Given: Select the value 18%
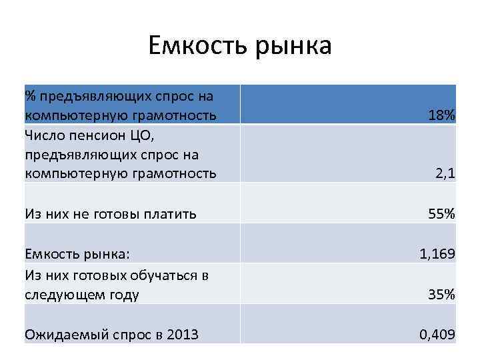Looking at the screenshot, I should pyautogui.click(x=441, y=115).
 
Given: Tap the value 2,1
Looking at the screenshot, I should pyautogui.click(x=445, y=174).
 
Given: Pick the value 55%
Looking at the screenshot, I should pyautogui.click(x=441, y=214).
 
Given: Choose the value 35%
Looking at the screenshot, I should pyautogui.click(x=441, y=294).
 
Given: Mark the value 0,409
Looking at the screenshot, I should pyautogui.click(x=437, y=334).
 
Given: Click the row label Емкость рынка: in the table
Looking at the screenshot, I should pyautogui.click(x=77, y=254).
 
